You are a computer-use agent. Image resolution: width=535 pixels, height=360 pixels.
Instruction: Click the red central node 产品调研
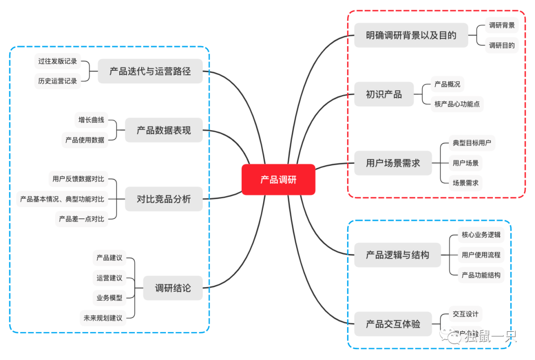tap(278, 180)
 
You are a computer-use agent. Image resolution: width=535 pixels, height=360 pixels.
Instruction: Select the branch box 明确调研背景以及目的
tap(411, 36)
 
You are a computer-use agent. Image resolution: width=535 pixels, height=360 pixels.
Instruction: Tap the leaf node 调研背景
tap(501, 25)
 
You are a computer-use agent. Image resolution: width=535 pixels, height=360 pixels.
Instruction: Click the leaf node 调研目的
tap(501, 46)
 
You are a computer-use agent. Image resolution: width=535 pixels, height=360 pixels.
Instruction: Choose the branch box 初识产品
tap(383, 94)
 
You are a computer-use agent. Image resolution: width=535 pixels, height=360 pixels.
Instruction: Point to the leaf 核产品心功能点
tap(457, 104)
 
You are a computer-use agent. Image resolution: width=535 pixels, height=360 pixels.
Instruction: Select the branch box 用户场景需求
tap(392, 163)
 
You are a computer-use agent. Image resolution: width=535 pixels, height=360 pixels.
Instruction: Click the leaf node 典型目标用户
tap(472, 143)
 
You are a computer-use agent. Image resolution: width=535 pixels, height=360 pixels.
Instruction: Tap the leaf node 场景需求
tap(465, 183)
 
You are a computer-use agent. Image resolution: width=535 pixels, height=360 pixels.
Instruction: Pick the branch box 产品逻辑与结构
tap(397, 255)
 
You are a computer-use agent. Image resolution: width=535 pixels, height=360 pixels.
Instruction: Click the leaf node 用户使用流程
tap(481, 255)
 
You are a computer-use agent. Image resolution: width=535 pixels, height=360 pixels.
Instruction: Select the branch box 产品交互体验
tap(392, 324)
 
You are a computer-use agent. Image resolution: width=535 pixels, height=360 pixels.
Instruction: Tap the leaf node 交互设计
tap(465, 314)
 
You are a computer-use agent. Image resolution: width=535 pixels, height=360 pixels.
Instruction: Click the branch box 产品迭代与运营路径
tap(150, 71)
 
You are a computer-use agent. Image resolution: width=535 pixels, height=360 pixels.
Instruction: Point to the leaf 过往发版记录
tap(57, 61)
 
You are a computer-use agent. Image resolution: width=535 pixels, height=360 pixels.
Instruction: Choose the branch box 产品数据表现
tap(163, 131)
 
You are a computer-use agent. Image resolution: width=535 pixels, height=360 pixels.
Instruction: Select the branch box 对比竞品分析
tap(163, 199)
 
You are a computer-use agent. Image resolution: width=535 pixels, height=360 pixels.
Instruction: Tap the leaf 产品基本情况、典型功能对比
tap(62, 199)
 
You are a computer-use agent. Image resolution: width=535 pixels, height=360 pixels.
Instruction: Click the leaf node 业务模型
tap(109, 298)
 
